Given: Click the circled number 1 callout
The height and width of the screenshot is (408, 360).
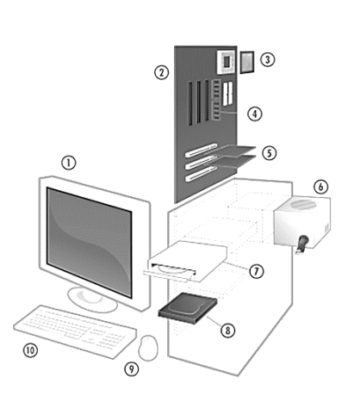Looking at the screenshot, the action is (x=69, y=163).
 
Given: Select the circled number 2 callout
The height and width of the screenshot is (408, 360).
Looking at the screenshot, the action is (x=162, y=72).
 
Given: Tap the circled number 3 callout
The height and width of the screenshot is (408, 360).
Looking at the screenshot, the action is (x=268, y=59).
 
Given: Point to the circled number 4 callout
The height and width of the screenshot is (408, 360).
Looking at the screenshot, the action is (x=255, y=114).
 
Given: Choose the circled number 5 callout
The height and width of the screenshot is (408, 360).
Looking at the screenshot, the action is (x=270, y=153).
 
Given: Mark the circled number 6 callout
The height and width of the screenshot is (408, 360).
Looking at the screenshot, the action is (x=320, y=187).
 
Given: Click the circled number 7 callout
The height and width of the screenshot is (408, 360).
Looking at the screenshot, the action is (x=257, y=271).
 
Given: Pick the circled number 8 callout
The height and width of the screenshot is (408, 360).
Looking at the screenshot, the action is (x=228, y=331).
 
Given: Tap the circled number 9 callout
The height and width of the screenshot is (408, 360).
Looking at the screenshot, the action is (x=132, y=368).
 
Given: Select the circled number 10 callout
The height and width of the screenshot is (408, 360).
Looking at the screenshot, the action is (x=30, y=350).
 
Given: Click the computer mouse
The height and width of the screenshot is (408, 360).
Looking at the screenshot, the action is (x=148, y=348).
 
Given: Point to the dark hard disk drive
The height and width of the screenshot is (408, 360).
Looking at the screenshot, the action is (x=188, y=308).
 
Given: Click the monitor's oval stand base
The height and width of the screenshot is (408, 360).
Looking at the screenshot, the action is (x=92, y=300).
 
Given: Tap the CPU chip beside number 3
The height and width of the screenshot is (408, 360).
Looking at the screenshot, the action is (x=247, y=62).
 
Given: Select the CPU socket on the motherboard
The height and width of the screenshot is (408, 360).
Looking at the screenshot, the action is (x=226, y=61).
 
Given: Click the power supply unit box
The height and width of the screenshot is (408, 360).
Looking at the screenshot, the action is (x=301, y=222).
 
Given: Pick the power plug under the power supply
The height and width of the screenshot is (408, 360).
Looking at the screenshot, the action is (x=301, y=244).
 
